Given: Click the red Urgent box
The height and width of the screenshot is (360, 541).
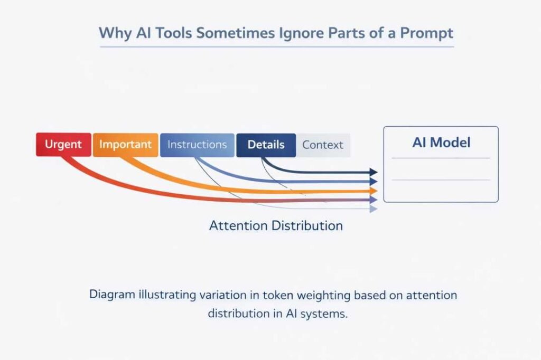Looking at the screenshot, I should (x=63, y=145).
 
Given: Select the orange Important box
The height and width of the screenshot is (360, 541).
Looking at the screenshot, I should (x=125, y=145).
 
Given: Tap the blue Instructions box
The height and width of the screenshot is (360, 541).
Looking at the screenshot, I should (x=197, y=145).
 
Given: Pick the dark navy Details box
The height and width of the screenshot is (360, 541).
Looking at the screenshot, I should (x=266, y=145).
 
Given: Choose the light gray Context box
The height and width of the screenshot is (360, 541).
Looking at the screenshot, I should (x=323, y=145).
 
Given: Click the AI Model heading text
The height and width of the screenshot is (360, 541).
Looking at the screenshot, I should (x=441, y=143).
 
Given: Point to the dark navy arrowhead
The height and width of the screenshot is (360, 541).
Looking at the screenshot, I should (x=374, y=172).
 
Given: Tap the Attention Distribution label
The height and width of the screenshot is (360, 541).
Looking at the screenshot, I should (x=276, y=226).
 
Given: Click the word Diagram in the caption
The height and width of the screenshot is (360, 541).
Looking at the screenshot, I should (x=111, y=295).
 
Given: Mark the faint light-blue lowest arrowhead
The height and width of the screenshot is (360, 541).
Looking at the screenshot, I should (x=374, y=209).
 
